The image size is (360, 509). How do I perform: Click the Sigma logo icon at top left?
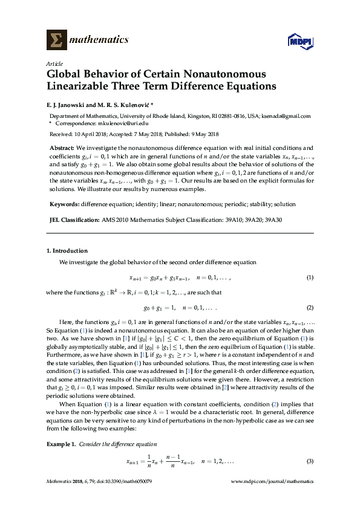click(x=56, y=40)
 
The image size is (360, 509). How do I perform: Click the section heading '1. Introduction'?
click(x=67, y=250)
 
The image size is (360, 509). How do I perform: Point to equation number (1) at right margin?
click(x=310, y=277)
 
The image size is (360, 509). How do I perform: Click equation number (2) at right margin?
click(x=310, y=308)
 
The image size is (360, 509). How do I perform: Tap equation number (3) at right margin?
click(x=310, y=462)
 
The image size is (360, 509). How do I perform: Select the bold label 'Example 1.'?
click(x=63, y=444)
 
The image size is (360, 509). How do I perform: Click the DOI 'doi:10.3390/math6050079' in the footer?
click(x=122, y=482)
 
